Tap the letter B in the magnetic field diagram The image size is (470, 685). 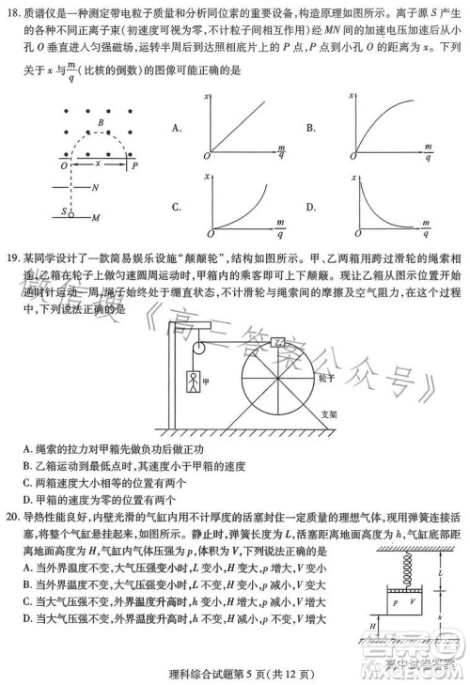pyautogui.click(x=101, y=122)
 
